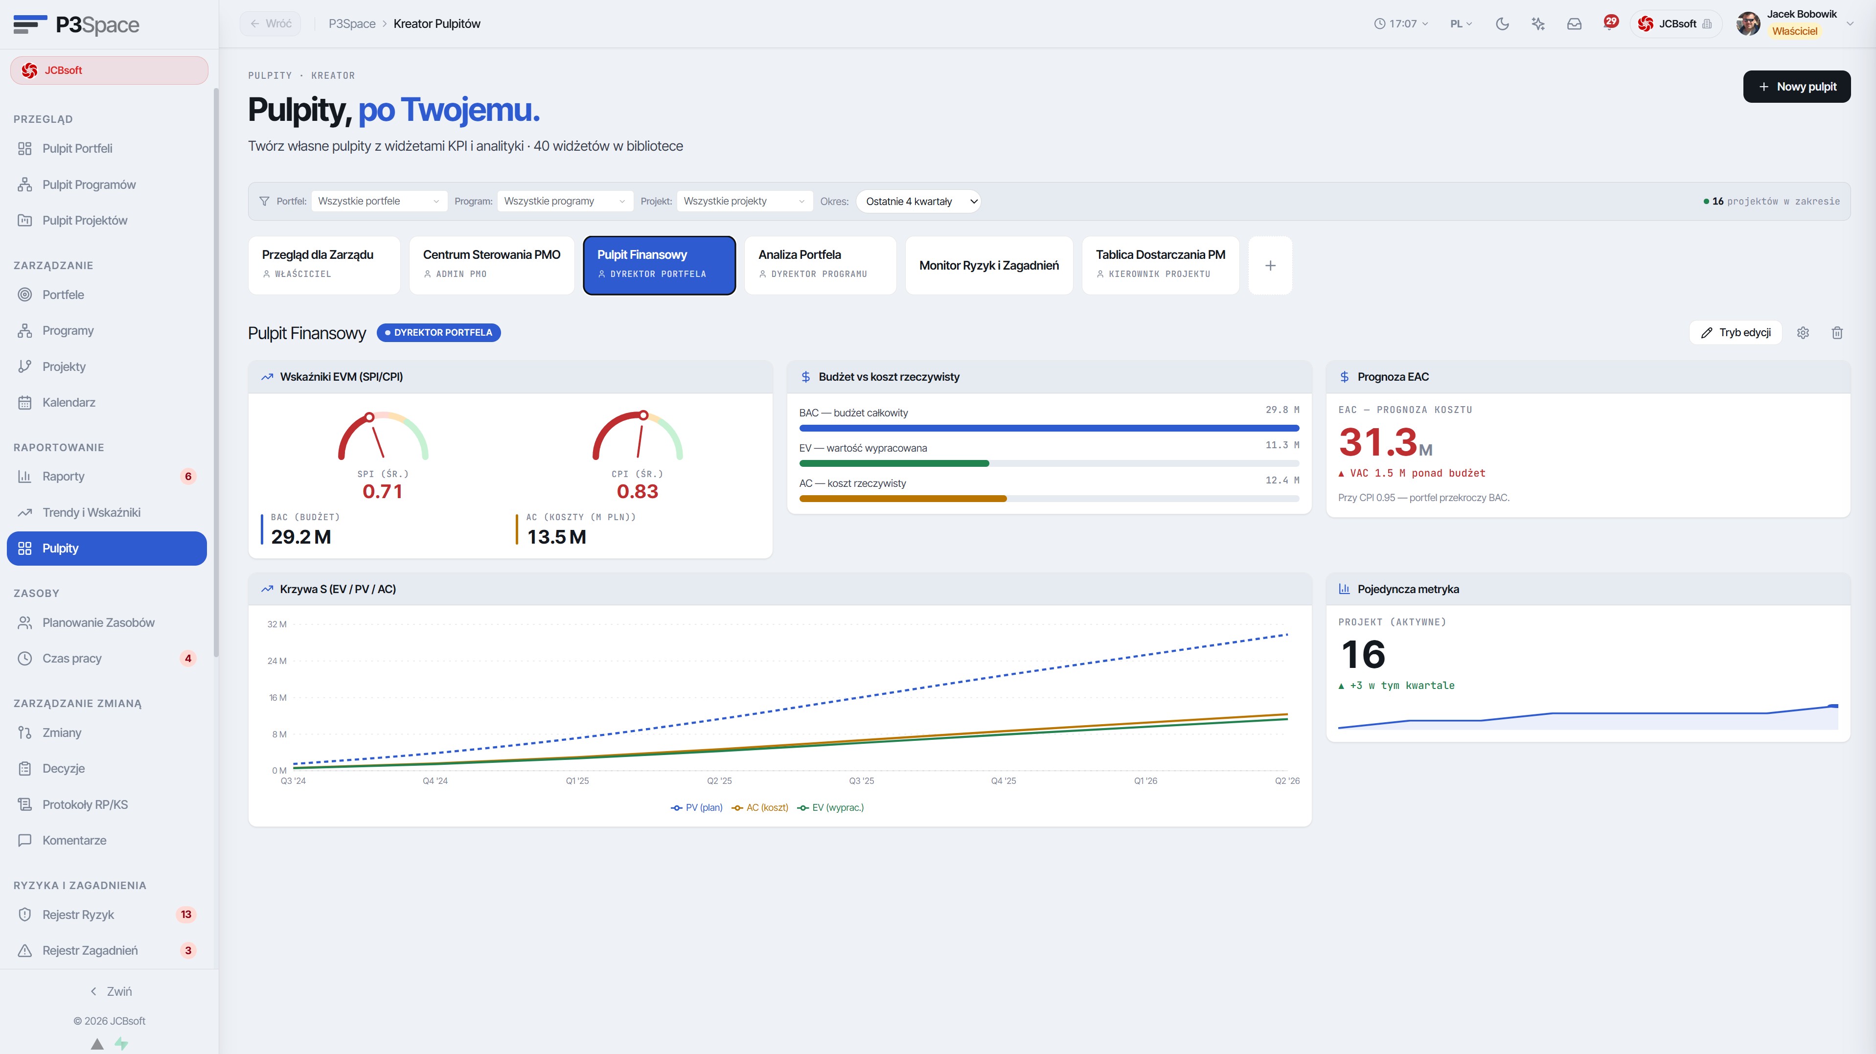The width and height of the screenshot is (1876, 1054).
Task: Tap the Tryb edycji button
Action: point(1736,333)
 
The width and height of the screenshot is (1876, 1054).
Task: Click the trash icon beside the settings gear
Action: point(1837,333)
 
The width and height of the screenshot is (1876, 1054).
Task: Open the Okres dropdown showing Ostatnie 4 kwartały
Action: point(919,201)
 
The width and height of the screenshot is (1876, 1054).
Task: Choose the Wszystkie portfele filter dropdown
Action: point(379,201)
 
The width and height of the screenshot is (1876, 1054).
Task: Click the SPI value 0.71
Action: point(382,492)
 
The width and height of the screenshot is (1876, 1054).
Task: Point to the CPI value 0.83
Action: point(637,492)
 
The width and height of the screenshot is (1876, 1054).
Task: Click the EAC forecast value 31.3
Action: point(1378,442)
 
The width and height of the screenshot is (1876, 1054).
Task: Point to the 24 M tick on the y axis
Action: point(277,661)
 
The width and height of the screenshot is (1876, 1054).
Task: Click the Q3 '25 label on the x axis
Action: point(862,781)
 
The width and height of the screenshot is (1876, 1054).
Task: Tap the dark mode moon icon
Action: point(1502,24)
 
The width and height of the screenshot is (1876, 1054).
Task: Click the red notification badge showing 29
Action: point(1611,21)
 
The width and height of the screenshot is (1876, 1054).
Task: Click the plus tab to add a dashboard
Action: point(1270,265)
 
